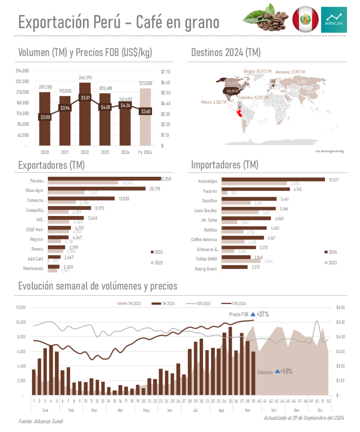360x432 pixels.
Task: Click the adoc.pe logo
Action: pos(334,19)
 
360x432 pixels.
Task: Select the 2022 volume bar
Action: pos(85,114)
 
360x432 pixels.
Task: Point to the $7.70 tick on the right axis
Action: pos(165,72)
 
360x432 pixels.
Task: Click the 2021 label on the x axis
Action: pos(65,152)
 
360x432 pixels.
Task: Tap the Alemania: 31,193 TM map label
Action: pos(290,72)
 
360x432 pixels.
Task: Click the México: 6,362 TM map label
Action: pos(214,102)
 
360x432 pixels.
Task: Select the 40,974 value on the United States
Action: pos(232,91)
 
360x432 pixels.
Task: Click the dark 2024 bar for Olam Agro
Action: pos(97,188)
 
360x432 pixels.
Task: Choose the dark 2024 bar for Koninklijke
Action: pos(273,179)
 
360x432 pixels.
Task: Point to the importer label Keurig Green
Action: pos(206,268)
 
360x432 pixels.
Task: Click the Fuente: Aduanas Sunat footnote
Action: pos(41,421)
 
